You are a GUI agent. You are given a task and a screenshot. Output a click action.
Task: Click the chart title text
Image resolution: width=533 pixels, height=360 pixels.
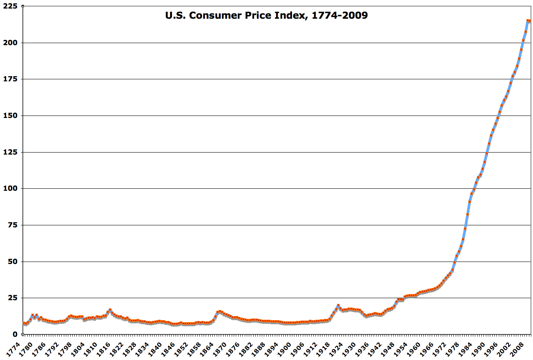(266, 16)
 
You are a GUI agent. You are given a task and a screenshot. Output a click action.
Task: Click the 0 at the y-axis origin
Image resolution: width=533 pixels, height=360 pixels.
(15, 334)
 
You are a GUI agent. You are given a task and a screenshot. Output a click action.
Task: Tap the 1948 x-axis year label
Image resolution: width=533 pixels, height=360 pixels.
(393, 349)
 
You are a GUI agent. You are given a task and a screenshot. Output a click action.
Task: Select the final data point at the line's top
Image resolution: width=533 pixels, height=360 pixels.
(529, 21)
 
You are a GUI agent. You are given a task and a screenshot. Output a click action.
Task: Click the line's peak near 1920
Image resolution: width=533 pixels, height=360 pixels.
(338, 305)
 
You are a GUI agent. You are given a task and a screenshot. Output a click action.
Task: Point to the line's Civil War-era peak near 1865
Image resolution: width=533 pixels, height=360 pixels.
(220, 312)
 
